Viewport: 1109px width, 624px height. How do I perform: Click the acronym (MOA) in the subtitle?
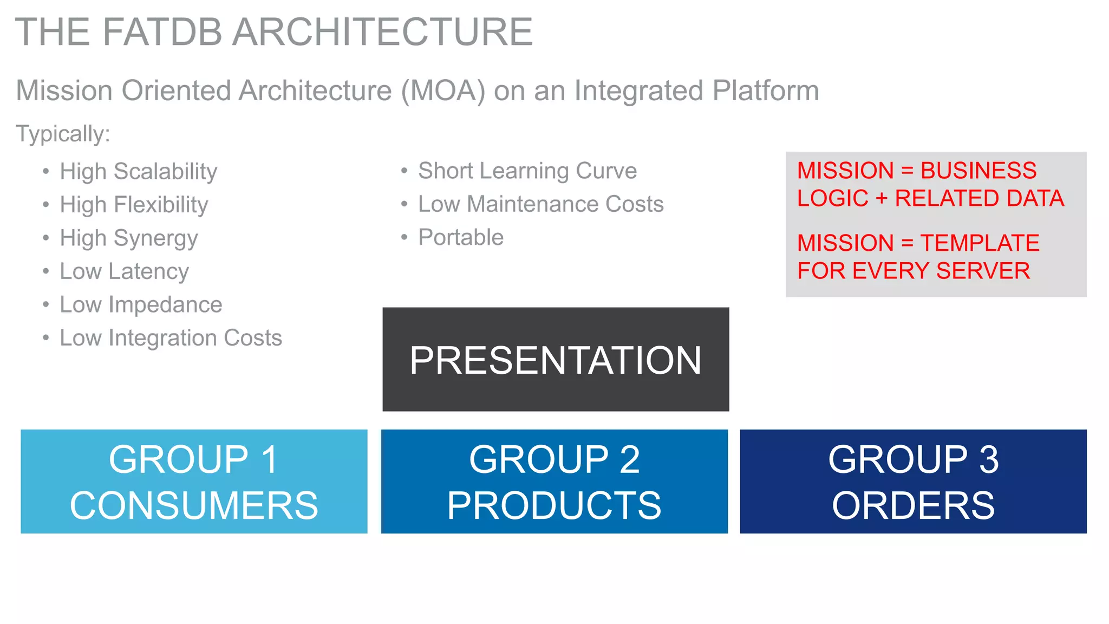443,90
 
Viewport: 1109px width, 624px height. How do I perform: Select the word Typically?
63,134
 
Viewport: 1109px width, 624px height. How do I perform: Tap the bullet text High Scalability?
138,172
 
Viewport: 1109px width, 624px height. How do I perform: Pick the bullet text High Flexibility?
134,205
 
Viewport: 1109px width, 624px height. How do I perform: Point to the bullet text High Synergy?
129,238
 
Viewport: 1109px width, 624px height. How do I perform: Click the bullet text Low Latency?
124,271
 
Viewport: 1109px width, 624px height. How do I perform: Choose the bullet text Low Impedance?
141,305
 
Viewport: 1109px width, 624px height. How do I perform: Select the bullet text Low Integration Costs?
171,338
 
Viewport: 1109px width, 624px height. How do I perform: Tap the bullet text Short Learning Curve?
527,171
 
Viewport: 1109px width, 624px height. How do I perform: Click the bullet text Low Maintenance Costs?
540,204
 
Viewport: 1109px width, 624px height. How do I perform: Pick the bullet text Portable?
460,237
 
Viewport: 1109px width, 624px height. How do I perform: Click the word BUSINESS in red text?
978,171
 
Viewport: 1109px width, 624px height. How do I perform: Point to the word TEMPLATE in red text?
979,243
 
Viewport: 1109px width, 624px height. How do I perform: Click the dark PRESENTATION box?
556,360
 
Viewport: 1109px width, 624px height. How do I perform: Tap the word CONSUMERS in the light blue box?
194,505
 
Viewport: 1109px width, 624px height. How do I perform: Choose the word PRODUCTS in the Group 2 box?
554,505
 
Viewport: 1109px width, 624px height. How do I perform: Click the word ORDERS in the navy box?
913,505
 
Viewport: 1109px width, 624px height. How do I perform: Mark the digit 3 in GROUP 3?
989,459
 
